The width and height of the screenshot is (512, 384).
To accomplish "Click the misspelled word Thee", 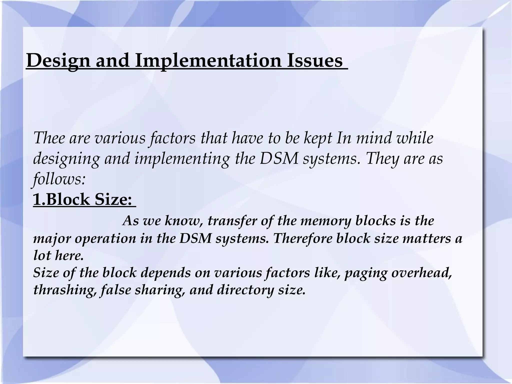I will coord(49,138).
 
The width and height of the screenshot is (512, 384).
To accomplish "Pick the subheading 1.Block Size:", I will coord(82,199).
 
